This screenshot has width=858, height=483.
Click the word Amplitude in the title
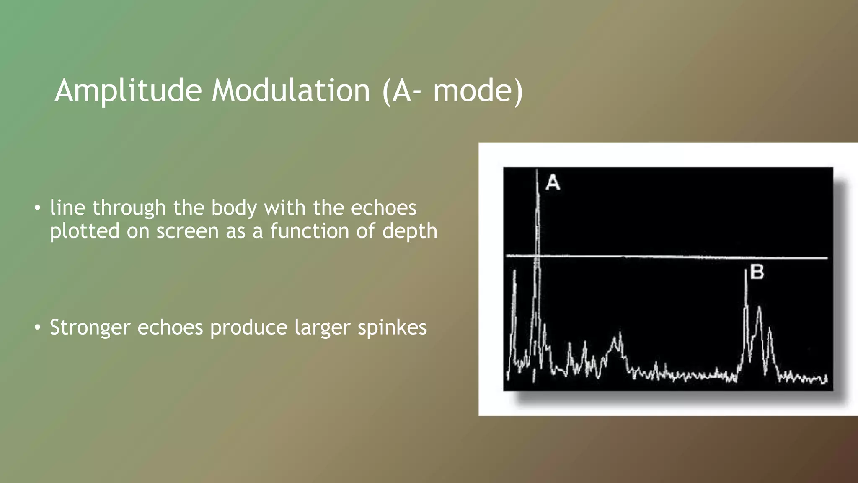coord(128,91)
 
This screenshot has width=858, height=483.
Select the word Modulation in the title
coord(290,91)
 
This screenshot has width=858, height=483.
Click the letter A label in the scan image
coord(553,183)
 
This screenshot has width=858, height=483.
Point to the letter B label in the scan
coord(757,272)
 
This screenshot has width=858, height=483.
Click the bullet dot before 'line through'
coord(38,208)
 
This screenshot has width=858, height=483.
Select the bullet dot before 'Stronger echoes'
coord(38,327)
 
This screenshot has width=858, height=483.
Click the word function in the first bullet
coord(309,231)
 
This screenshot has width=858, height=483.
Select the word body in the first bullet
coord(234,208)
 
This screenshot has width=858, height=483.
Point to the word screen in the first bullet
coord(187,231)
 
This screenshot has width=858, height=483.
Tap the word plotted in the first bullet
coord(85,231)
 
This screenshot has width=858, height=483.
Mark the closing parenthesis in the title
coord(519,91)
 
